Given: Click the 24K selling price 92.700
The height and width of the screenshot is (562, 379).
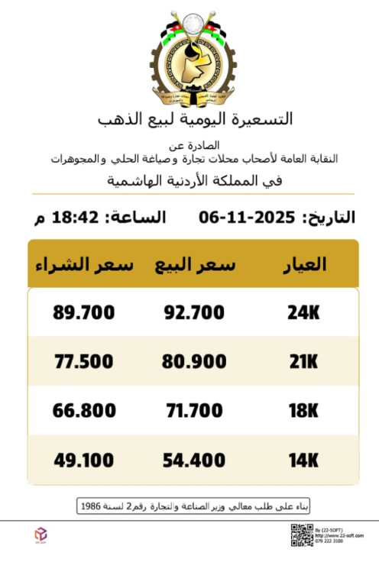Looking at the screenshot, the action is tap(196, 312).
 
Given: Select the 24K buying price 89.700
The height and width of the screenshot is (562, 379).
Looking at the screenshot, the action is tap(84, 312).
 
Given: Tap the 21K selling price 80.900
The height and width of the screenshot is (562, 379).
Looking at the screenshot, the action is tap(196, 362).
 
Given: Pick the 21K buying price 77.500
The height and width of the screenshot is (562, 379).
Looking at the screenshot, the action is tap(84, 362).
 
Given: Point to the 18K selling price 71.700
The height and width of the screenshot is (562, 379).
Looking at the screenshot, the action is tap(196, 412).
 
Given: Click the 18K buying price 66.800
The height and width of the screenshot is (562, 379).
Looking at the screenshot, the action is tap(84, 412).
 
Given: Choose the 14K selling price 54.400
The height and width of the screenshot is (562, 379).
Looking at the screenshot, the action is tap(196, 460).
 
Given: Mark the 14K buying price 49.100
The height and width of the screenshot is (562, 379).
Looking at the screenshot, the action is tap(84, 460).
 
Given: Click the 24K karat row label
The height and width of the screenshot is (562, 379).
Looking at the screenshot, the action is tap(303, 312).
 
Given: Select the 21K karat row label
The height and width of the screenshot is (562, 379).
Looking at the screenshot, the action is tap(303, 362).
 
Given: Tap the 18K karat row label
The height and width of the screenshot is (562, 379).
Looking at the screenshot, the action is tap(303, 412).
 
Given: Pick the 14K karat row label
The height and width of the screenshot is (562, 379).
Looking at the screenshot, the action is tap(303, 460).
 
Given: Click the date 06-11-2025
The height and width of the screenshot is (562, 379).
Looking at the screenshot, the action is tap(247, 217).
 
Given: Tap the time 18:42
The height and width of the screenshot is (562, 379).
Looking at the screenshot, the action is tap(76, 217).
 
